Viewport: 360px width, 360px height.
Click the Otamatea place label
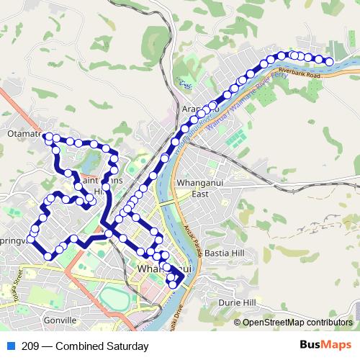(23, 135)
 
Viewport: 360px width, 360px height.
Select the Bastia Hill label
(224, 254)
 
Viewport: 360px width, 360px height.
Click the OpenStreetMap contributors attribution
(296, 323)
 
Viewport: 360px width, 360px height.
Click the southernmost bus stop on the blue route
(172, 284)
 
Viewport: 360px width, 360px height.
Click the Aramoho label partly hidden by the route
(191, 109)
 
